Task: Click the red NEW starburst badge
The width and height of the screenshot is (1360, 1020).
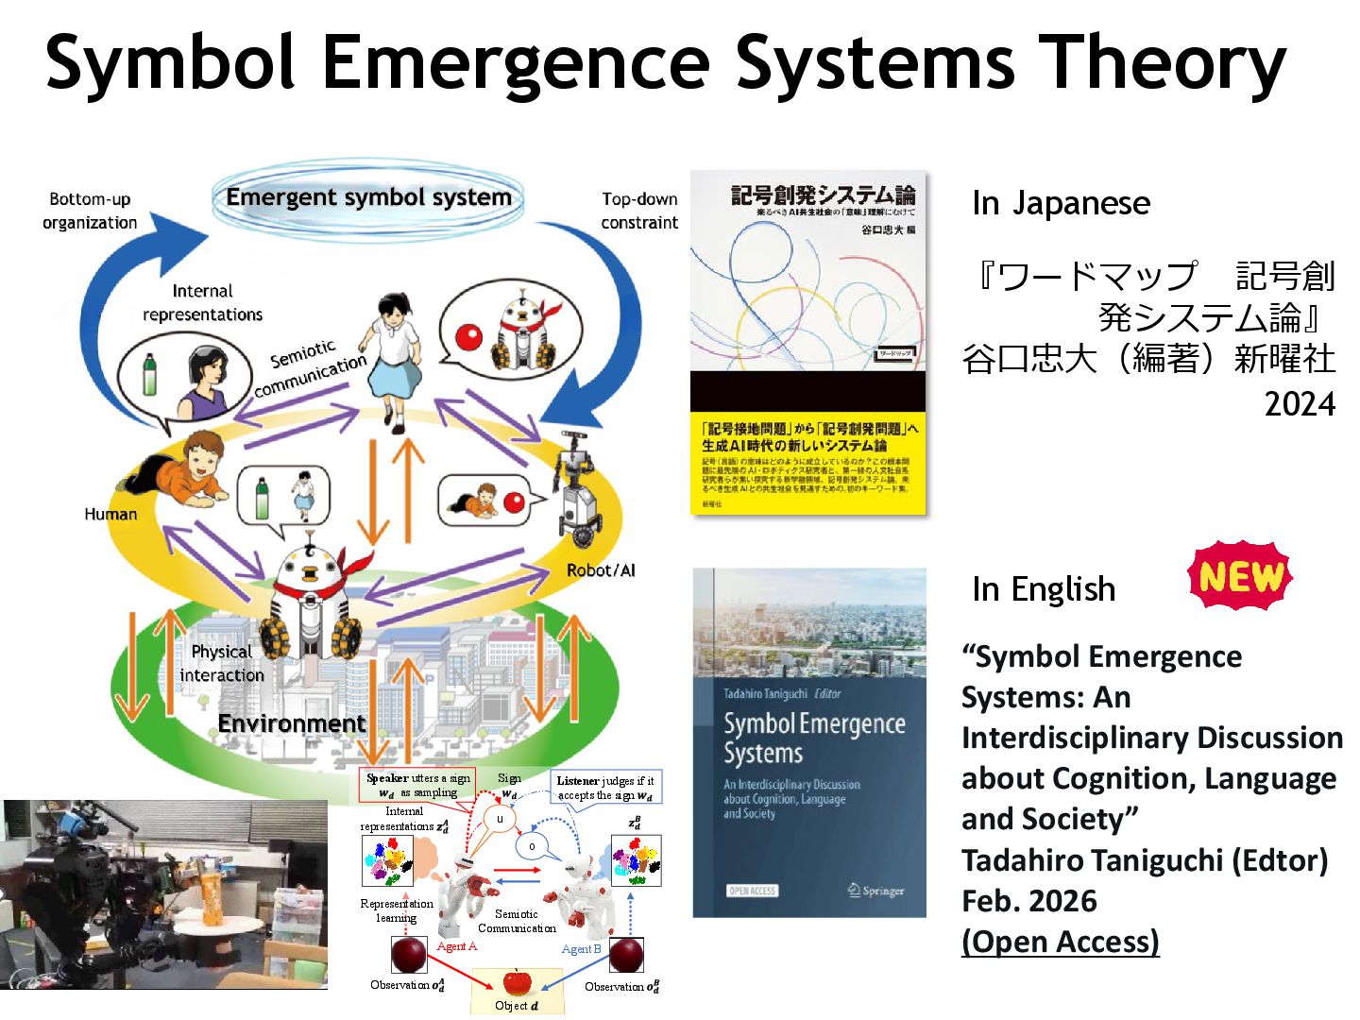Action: (x=1240, y=575)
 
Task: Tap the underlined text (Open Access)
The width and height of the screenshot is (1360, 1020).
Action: (x=1060, y=942)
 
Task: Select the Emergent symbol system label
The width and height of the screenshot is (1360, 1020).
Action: (x=368, y=197)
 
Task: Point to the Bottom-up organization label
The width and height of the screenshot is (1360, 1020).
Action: (x=90, y=211)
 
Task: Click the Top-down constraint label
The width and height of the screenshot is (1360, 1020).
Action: (x=639, y=211)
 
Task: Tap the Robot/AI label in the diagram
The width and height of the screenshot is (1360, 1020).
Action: (x=601, y=570)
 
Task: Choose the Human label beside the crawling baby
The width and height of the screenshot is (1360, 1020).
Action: (x=110, y=514)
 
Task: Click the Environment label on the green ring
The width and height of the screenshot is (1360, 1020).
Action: (x=291, y=723)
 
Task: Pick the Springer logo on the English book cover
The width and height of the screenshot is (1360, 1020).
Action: (x=875, y=890)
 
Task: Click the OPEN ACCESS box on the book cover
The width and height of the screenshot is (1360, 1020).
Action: (x=752, y=890)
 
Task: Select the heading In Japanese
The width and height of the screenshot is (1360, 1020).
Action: (x=1061, y=203)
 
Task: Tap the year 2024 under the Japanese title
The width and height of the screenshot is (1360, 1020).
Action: (x=1300, y=404)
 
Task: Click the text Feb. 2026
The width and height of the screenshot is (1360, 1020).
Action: (x=1029, y=901)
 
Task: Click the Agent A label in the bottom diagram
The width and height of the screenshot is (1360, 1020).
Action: (x=457, y=946)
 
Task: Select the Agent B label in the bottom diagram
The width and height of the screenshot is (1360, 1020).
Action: (x=581, y=948)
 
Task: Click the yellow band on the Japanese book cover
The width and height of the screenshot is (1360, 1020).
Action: (x=808, y=463)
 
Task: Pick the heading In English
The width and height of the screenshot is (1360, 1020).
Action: (x=1044, y=589)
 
